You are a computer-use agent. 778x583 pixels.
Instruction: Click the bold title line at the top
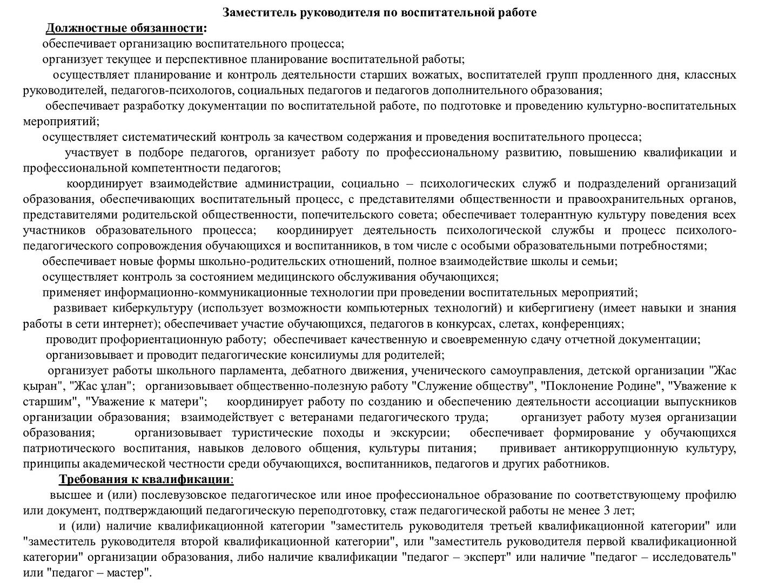point(380,12)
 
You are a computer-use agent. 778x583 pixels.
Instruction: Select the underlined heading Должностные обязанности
point(125,28)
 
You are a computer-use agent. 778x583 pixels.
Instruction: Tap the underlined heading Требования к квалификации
point(145,479)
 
